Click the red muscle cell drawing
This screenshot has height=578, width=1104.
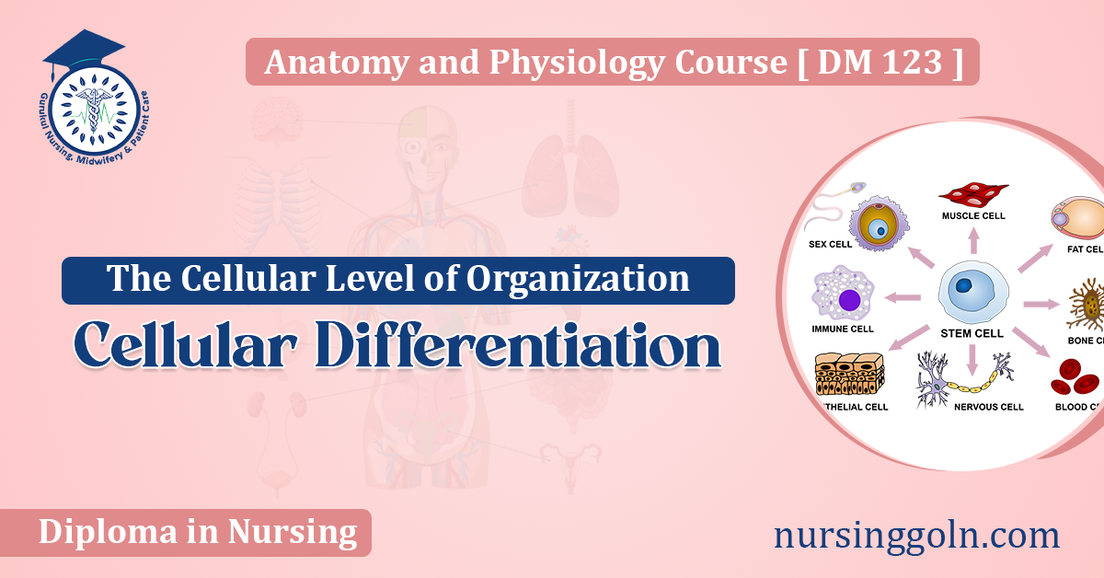click(x=973, y=195)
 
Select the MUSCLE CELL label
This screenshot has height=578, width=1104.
click(x=973, y=216)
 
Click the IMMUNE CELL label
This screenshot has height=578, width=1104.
click(x=843, y=328)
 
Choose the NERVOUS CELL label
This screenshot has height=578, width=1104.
click(x=989, y=406)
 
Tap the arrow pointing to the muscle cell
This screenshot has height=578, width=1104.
click(x=973, y=241)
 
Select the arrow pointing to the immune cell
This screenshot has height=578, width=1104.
click(x=903, y=297)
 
